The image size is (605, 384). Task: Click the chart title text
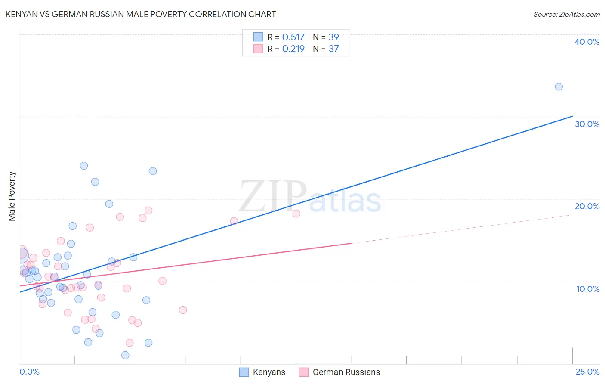(x=140, y=14)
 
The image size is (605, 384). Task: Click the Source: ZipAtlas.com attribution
(x=566, y=14)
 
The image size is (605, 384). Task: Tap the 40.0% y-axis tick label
(x=587, y=42)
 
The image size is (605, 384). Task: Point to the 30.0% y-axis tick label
(x=587, y=124)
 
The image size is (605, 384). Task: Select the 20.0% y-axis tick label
(x=587, y=206)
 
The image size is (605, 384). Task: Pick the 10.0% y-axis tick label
(x=588, y=289)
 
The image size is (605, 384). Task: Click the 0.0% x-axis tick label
(x=29, y=372)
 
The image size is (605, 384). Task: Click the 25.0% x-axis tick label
(x=587, y=372)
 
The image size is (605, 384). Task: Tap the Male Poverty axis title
(x=12, y=196)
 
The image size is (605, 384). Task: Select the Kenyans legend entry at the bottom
(x=262, y=372)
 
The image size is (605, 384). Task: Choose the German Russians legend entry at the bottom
(x=340, y=372)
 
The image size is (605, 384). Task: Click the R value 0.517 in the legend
(x=293, y=37)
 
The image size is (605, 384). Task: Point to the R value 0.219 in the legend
(x=293, y=49)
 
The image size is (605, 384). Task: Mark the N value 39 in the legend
(x=334, y=37)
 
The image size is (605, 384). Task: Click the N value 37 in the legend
(x=334, y=49)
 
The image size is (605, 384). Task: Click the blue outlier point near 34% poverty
(x=559, y=87)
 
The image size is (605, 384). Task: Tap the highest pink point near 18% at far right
(x=296, y=214)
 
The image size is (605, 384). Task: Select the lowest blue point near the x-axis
(x=125, y=355)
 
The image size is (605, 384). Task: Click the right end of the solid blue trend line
(x=572, y=116)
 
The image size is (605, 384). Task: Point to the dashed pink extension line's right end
(x=573, y=214)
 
